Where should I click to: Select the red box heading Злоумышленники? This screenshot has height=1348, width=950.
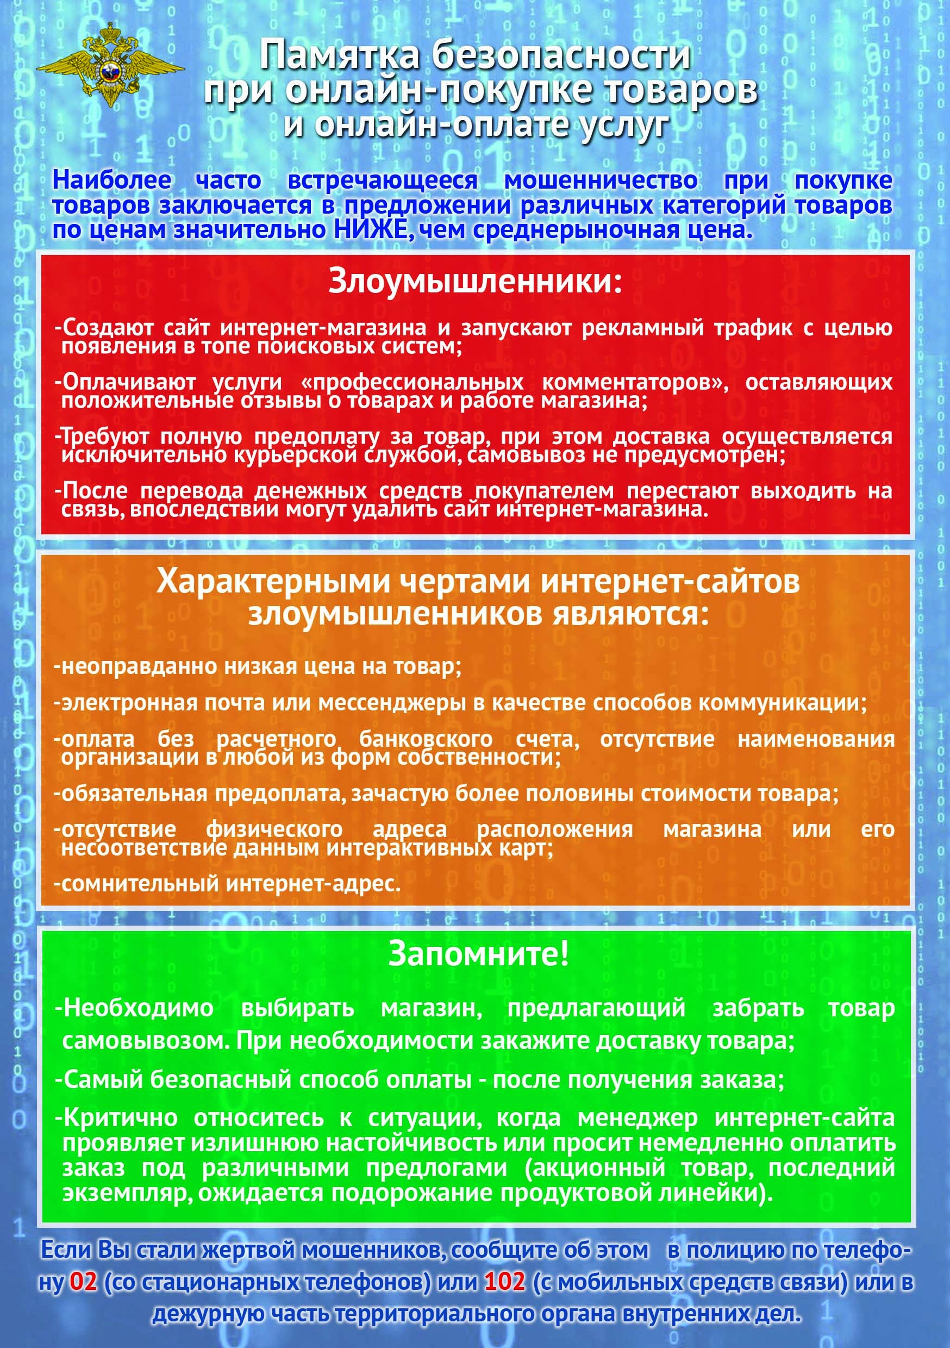coord(474,280)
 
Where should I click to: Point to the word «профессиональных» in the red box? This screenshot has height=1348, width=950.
coord(411,382)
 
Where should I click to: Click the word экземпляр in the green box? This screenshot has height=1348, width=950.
coord(127,1193)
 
